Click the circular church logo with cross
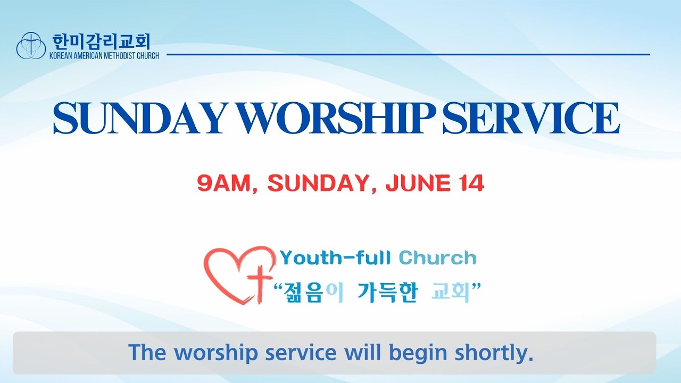pyautogui.click(x=31, y=45)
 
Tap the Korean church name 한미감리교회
pyautogui.click(x=102, y=41)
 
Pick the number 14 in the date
pyautogui.click(x=472, y=183)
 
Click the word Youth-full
pyautogui.click(x=335, y=258)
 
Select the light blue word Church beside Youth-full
pyautogui.click(x=437, y=258)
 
